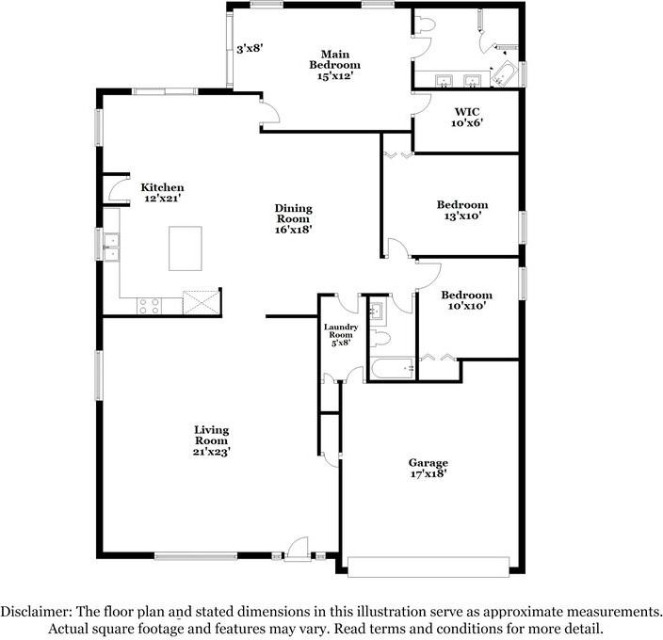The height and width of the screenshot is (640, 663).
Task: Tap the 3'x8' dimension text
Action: (249, 48)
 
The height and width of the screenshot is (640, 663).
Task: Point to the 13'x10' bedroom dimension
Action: (461, 216)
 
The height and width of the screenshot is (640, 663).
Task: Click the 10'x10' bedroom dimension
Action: (467, 306)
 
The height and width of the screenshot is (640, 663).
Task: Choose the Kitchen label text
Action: (162, 187)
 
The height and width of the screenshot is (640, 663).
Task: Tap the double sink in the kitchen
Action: (113, 248)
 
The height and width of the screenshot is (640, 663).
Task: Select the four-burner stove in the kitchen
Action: (150, 304)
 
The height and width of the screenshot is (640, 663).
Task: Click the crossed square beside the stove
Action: (200, 301)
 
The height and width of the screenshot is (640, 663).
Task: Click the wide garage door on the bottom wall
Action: (429, 566)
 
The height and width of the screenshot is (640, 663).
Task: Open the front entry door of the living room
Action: (298, 549)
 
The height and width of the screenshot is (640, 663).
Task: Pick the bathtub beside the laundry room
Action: (390, 368)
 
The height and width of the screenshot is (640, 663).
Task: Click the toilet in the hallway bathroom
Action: (380, 337)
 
